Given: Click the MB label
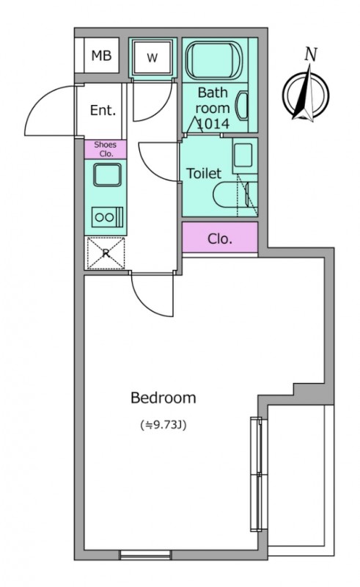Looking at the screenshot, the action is coord(101,56).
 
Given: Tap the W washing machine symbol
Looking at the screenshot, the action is coord(153,58).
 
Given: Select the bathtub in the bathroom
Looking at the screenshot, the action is coord(214,61).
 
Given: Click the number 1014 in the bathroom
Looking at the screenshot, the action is coord(213,124).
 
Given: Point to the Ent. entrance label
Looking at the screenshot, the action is coord(103,110).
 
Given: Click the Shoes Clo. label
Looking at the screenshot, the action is coord(105,149).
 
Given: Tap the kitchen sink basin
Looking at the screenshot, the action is coord(107,175).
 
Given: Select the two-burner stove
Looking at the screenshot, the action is coord(108,217).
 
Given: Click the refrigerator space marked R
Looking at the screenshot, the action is coord(106,253).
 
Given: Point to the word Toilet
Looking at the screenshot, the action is coord(204,173).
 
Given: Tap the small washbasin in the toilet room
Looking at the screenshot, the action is coord(244,155).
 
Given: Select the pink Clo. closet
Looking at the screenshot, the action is coord(220,237).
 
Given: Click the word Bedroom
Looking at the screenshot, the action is coord(164,398).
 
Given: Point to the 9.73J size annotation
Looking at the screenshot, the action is coord(164,425).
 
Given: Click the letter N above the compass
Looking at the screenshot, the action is coord(311,54).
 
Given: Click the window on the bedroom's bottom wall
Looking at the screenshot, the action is coord(145,555).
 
